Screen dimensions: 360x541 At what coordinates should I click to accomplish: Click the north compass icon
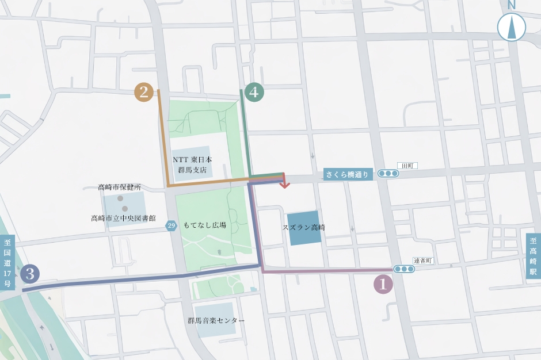click(x=511, y=25)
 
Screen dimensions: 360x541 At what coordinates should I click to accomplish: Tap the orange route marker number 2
click(x=144, y=92)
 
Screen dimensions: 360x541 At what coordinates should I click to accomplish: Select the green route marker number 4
click(x=254, y=92)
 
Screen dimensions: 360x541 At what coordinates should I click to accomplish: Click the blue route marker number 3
click(x=30, y=274)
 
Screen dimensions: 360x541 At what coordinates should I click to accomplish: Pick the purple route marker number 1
click(x=383, y=284)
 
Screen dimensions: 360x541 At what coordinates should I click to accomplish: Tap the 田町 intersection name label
click(x=408, y=165)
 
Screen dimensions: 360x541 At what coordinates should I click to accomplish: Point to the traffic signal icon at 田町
click(x=388, y=173)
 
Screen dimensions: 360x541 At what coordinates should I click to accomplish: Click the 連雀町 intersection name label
click(x=423, y=261)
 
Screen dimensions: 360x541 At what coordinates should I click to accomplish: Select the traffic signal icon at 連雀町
click(x=404, y=269)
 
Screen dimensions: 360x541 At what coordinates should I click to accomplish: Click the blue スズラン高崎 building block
click(x=304, y=228)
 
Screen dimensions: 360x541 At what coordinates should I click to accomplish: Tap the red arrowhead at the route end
click(x=284, y=184)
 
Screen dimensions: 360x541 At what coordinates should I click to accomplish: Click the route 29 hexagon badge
click(x=172, y=225)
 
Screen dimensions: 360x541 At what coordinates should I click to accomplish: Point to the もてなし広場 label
click(x=204, y=225)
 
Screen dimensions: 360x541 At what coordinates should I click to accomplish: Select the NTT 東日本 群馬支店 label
click(x=192, y=164)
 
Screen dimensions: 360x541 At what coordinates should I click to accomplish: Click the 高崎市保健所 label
click(x=119, y=187)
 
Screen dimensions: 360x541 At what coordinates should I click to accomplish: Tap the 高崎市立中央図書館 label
click(x=123, y=218)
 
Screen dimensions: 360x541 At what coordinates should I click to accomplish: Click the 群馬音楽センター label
click(x=216, y=320)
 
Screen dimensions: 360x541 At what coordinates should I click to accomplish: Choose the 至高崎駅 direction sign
click(x=533, y=256)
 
